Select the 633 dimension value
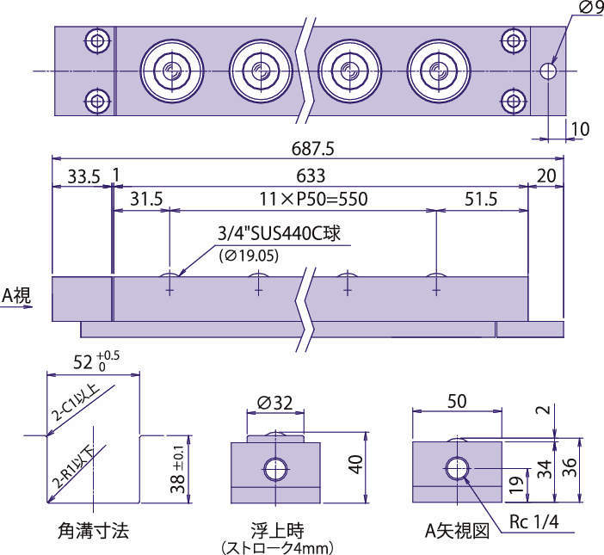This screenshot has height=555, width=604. tap(311, 176)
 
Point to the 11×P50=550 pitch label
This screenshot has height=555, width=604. tap(313, 200)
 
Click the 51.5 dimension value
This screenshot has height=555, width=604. tap(480, 200)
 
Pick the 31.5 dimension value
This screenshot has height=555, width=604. tap(146, 200)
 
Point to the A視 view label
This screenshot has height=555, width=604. tap(16, 295)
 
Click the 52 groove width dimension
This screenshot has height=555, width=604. tap(89, 361)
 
